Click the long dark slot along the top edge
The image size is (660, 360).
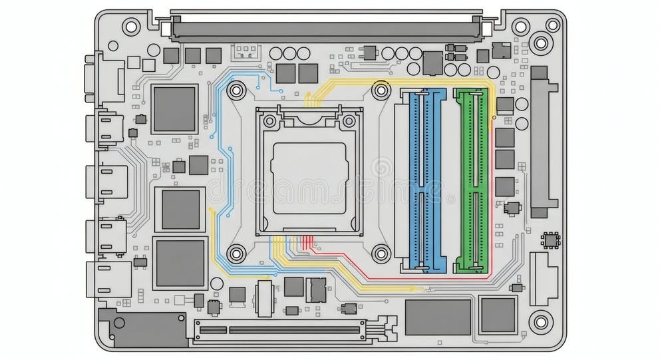(326, 29)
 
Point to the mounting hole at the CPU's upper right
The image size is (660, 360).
(381, 89)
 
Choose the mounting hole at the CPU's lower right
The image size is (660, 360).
(381, 253)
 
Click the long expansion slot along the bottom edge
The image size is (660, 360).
(279, 329)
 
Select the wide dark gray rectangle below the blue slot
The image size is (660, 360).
(438, 317)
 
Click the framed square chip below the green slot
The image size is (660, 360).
(498, 315)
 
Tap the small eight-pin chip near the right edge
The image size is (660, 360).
(550, 240)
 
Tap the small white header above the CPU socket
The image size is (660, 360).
(244, 51)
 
